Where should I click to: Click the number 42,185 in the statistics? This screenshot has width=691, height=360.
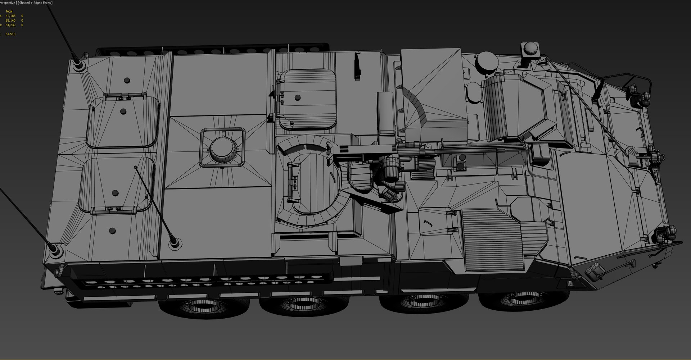click(10, 16)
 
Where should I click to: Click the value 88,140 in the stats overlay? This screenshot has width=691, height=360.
click(10, 20)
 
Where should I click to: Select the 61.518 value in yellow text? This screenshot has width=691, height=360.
click(10, 34)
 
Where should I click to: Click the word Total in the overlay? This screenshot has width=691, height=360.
click(9, 11)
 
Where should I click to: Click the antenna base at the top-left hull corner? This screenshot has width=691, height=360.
click(78, 66)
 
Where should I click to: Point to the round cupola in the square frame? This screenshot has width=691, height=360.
click(223, 148)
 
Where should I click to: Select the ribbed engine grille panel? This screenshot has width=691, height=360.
click(492, 239)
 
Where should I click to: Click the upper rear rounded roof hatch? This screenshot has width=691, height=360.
click(123, 122)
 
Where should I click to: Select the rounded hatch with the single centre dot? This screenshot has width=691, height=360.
click(307, 99)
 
